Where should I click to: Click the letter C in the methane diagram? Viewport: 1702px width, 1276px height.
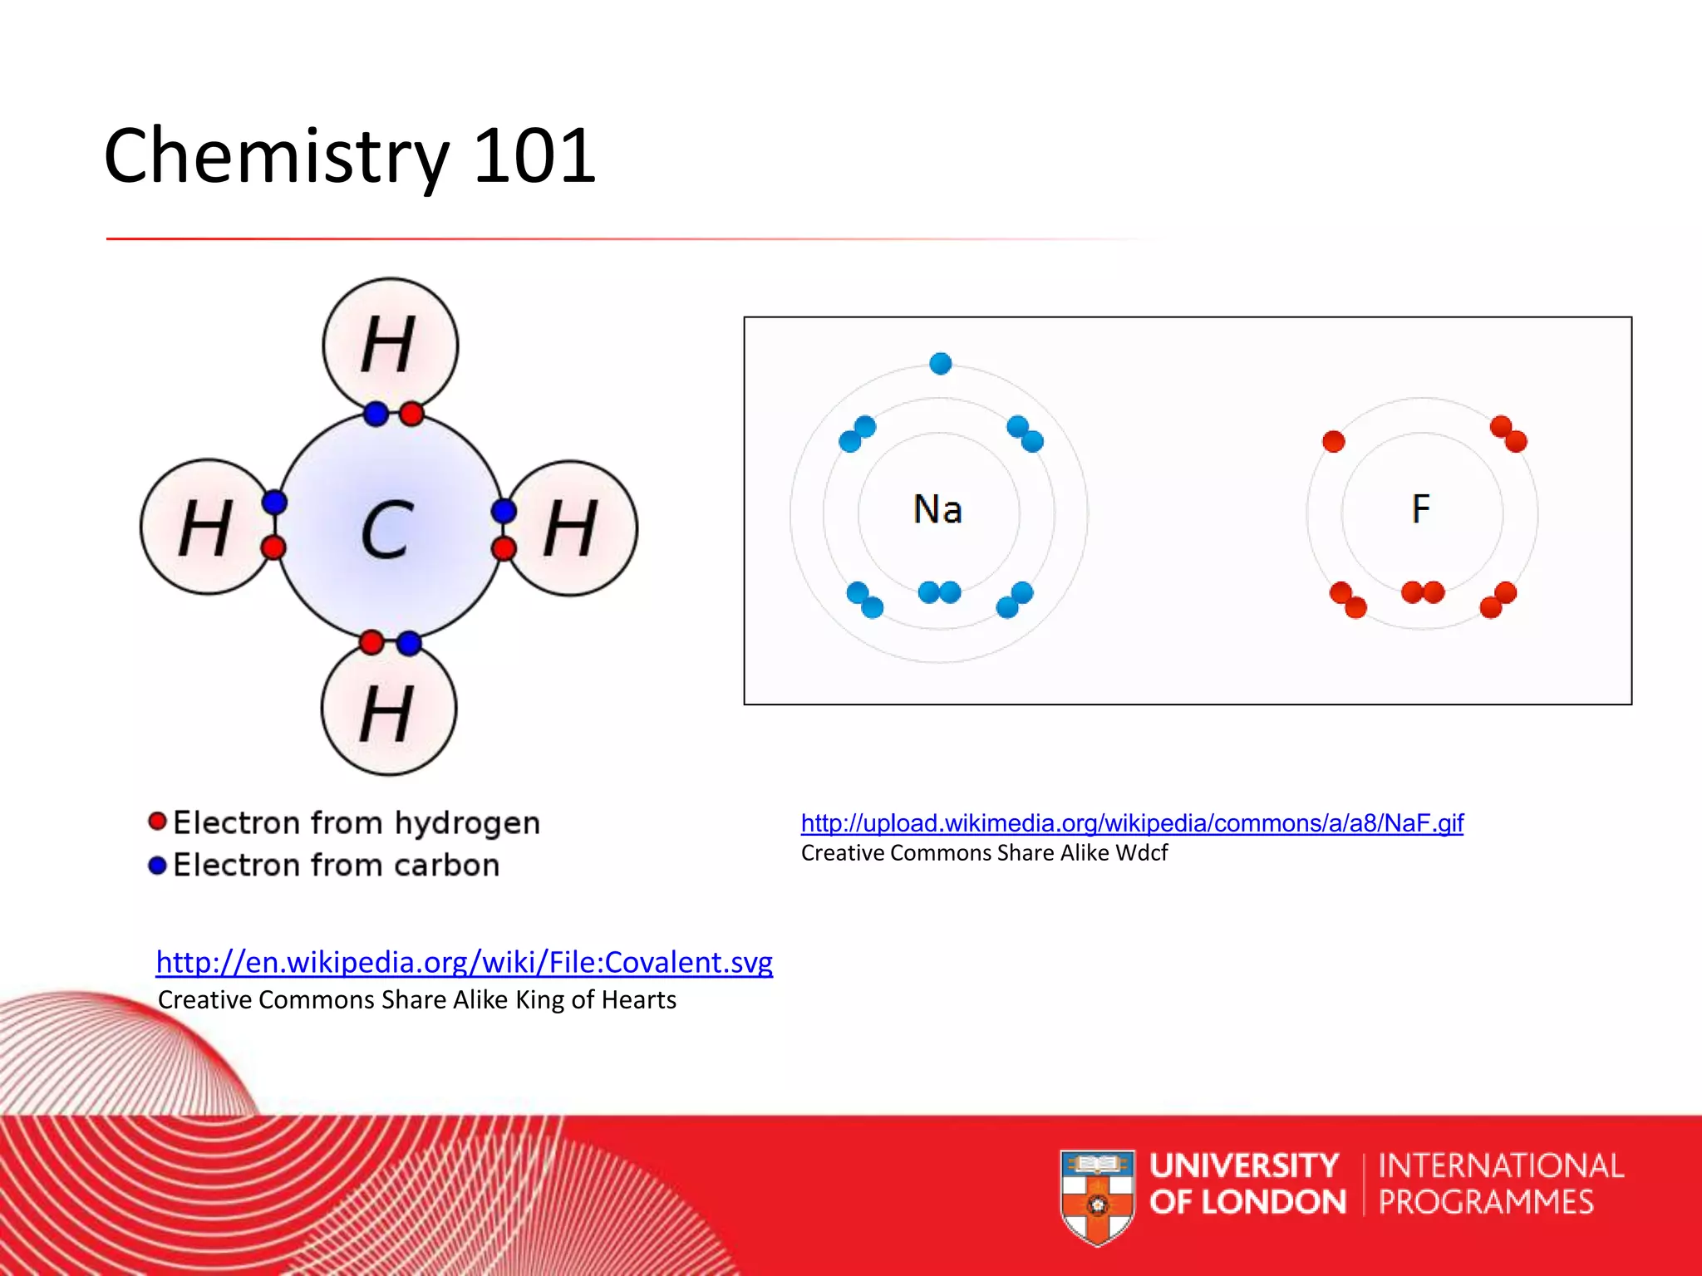[x=386, y=530]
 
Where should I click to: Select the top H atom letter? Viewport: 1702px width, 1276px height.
[x=387, y=344]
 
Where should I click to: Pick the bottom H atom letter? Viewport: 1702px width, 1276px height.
[x=386, y=714]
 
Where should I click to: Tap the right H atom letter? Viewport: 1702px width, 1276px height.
[x=570, y=528]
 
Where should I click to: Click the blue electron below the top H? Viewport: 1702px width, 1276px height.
[x=376, y=414]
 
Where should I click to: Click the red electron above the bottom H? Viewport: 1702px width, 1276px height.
[x=371, y=642]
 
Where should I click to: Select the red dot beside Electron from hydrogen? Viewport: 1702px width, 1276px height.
[x=157, y=822]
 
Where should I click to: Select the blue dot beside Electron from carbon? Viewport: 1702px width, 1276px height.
[x=157, y=865]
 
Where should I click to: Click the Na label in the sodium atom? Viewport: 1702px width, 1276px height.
[x=937, y=509]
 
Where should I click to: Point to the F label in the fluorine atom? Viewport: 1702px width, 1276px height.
[x=1421, y=508]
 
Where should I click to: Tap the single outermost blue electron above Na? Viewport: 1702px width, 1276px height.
[x=940, y=363]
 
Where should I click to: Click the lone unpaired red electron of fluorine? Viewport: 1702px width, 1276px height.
[x=1333, y=441]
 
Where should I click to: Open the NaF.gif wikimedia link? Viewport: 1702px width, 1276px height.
[x=1132, y=823]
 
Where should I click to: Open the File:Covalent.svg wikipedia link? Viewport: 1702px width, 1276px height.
[x=464, y=962]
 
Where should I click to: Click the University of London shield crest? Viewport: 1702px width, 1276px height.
[x=1097, y=1197]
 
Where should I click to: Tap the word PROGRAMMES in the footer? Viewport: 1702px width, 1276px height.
[x=1486, y=1202]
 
